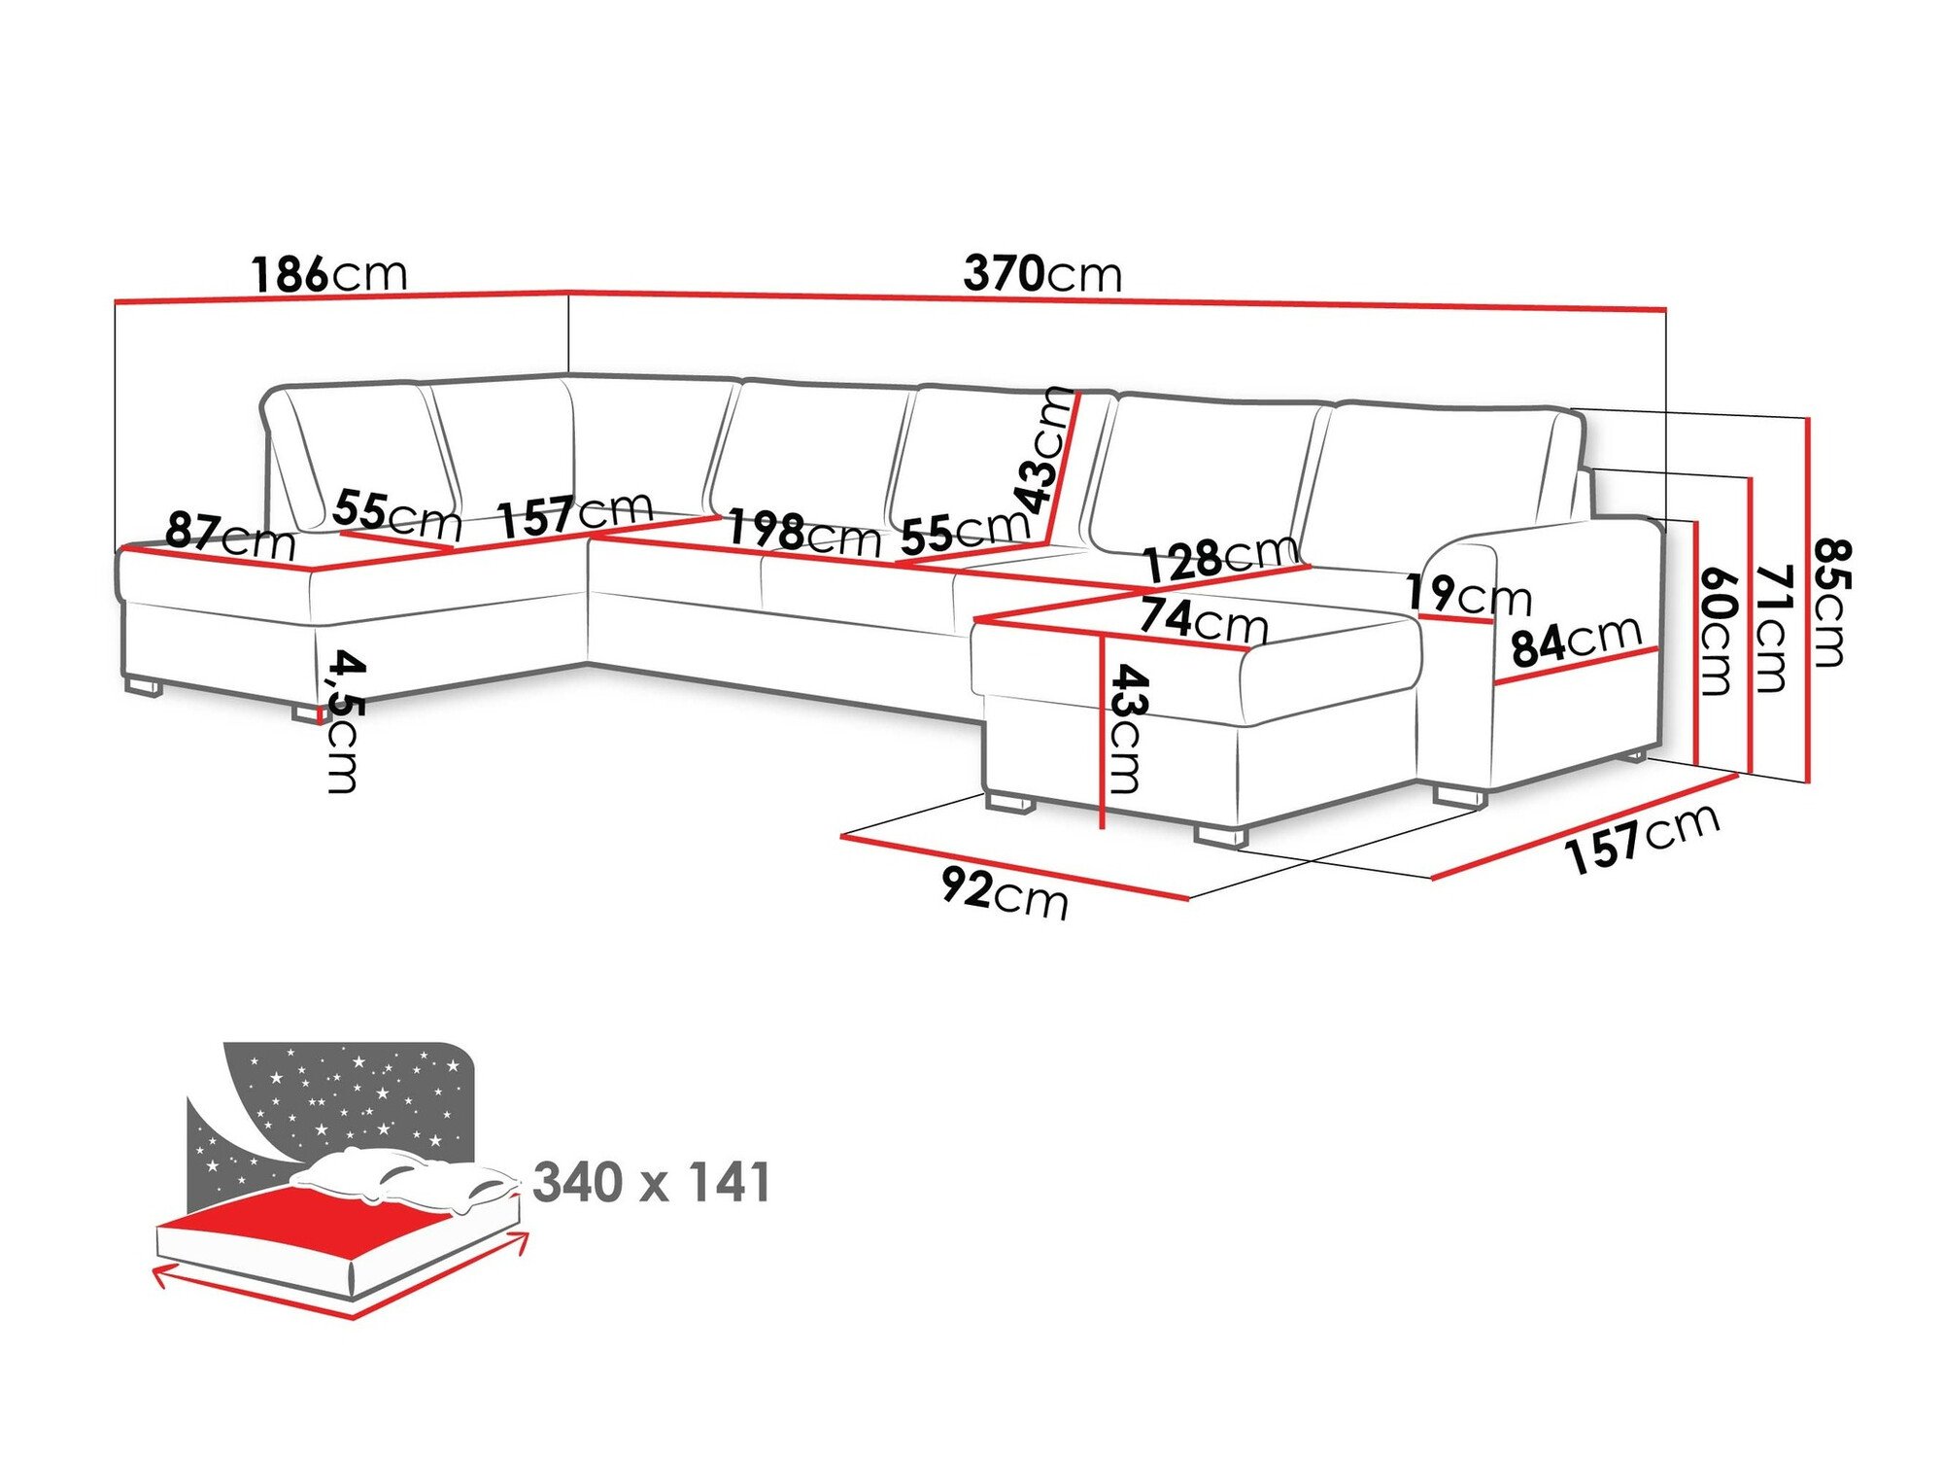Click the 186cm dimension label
[328, 274]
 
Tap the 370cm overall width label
[1041, 274]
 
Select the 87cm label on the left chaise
[230, 535]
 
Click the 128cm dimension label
[1220, 558]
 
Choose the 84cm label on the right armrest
[1576, 642]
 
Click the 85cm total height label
[1828, 603]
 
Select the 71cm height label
[1773, 628]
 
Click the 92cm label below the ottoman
[1005, 892]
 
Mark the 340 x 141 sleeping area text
[652, 1183]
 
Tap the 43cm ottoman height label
[1128, 727]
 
